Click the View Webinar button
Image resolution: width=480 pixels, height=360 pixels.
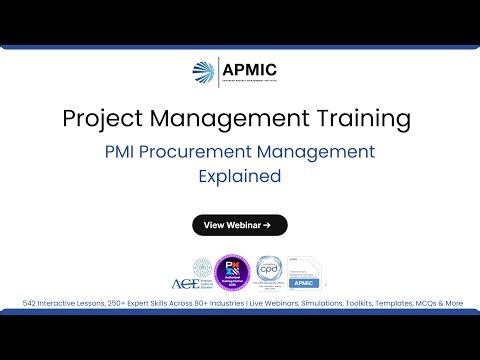click(x=239, y=225)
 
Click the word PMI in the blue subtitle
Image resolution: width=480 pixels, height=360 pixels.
click(x=126, y=153)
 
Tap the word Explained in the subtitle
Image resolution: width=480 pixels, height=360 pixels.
click(x=239, y=177)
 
